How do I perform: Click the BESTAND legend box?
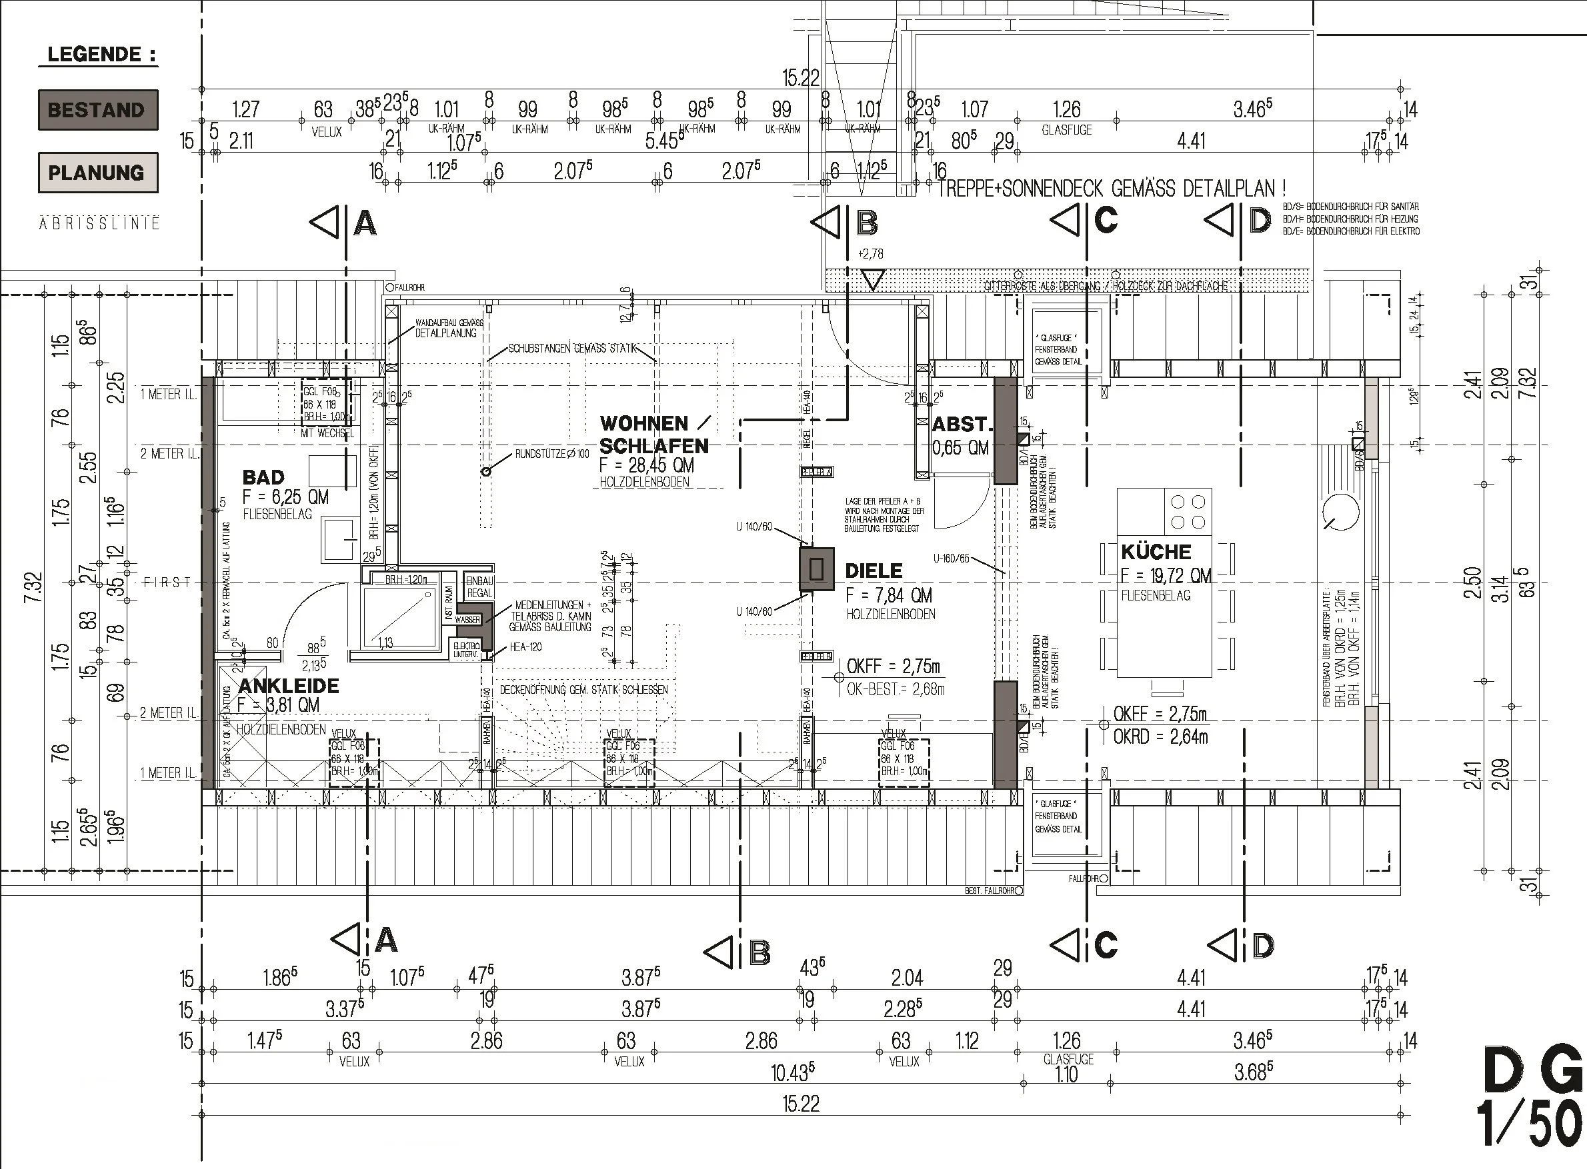click(97, 110)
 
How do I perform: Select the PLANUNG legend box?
click(97, 173)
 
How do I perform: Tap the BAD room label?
click(263, 478)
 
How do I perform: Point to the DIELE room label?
click(874, 571)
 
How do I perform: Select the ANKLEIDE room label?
click(289, 686)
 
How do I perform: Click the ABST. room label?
click(963, 425)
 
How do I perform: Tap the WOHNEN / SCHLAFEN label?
click(653, 435)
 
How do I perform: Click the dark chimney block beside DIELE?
click(816, 569)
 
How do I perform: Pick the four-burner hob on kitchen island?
click(1188, 512)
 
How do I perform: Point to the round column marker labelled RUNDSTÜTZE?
click(485, 471)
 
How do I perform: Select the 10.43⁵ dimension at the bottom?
click(792, 1074)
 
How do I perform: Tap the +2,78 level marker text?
click(870, 253)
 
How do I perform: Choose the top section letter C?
click(1106, 220)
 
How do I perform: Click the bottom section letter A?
click(386, 941)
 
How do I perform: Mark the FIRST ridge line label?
click(168, 583)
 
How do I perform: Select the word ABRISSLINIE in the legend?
click(99, 224)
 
